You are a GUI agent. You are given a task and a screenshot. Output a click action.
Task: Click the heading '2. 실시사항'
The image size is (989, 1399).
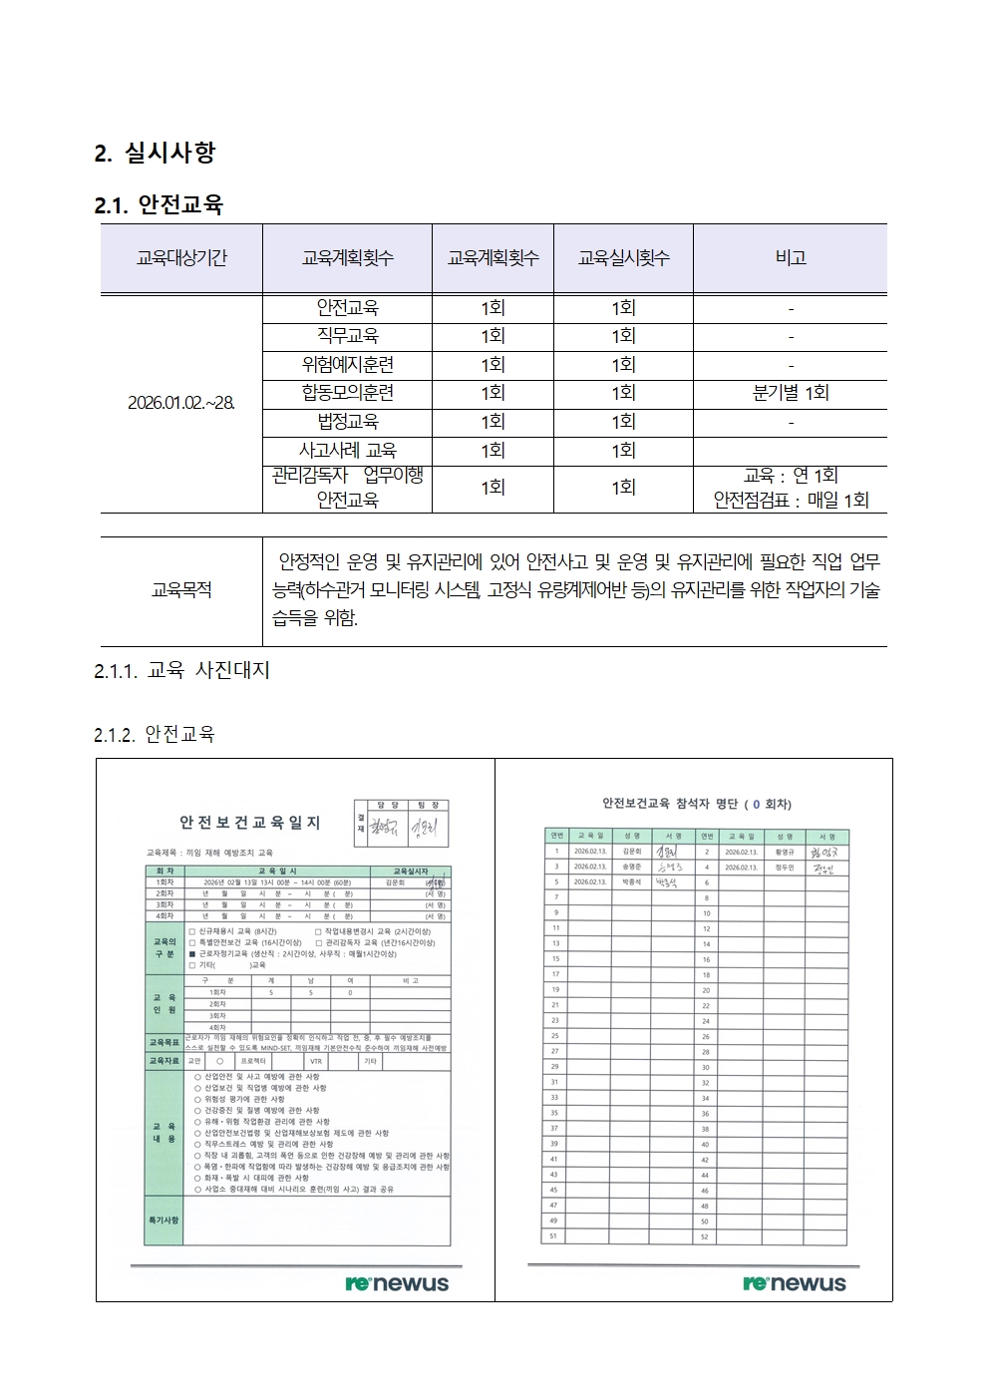coord(155,153)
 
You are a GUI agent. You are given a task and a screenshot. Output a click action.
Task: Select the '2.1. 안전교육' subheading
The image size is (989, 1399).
coord(159,205)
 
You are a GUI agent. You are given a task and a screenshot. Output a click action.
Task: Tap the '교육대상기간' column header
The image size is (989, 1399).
coord(181,258)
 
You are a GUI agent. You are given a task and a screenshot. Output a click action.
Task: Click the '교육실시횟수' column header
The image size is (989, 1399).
coord(623,258)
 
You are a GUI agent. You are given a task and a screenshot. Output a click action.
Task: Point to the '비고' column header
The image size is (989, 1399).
coord(791,258)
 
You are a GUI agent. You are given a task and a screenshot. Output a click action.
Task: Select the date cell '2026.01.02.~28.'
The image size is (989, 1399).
coord(181,403)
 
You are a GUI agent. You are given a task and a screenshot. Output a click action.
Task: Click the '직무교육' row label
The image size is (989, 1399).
coord(347,336)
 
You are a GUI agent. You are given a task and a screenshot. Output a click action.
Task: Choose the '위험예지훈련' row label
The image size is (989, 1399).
coord(347,365)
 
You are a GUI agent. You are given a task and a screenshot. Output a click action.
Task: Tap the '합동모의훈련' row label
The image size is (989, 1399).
coord(347,393)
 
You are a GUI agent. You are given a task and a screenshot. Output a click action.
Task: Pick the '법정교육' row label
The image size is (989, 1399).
coord(347,422)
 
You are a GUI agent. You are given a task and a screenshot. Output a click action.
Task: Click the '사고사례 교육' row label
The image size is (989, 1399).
coord(347,451)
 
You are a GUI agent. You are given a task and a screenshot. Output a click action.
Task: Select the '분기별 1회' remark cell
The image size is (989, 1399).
coord(791,393)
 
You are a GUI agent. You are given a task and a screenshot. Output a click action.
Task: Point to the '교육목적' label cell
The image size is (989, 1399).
coord(181,590)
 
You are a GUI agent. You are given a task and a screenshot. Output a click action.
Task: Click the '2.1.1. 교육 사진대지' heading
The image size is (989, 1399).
coord(181,671)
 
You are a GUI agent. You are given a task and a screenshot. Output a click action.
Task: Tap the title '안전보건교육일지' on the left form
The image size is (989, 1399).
coord(249,823)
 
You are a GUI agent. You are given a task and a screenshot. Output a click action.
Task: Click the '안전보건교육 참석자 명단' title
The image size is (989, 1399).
coord(696,804)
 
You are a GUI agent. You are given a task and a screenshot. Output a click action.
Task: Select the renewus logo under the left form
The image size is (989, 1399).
coord(397,1283)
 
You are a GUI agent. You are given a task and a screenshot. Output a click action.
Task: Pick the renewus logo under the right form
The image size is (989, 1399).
coord(794,1283)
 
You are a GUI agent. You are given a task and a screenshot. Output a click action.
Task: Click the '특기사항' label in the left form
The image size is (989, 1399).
coord(164,1220)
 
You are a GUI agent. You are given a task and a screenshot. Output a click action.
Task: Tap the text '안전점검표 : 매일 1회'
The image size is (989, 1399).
coord(791,501)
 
